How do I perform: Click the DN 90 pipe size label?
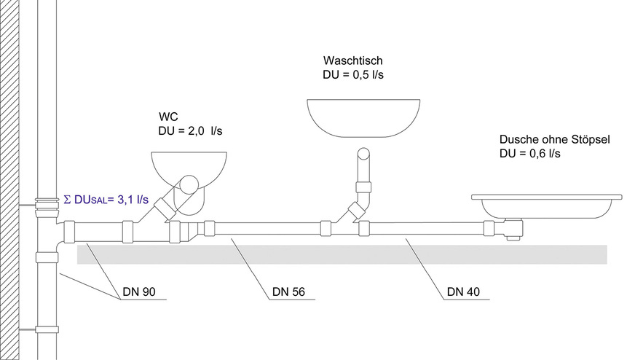[x=138, y=293]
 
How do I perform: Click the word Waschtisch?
[x=353, y=61]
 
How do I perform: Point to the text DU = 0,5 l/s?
[x=353, y=74]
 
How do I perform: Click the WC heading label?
[x=168, y=117]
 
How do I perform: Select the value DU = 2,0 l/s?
[x=191, y=131]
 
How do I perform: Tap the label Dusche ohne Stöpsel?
[x=555, y=140]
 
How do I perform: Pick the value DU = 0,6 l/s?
[x=530, y=154]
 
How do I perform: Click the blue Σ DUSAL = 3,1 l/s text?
[x=106, y=199]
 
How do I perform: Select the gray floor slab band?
[x=342, y=254]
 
